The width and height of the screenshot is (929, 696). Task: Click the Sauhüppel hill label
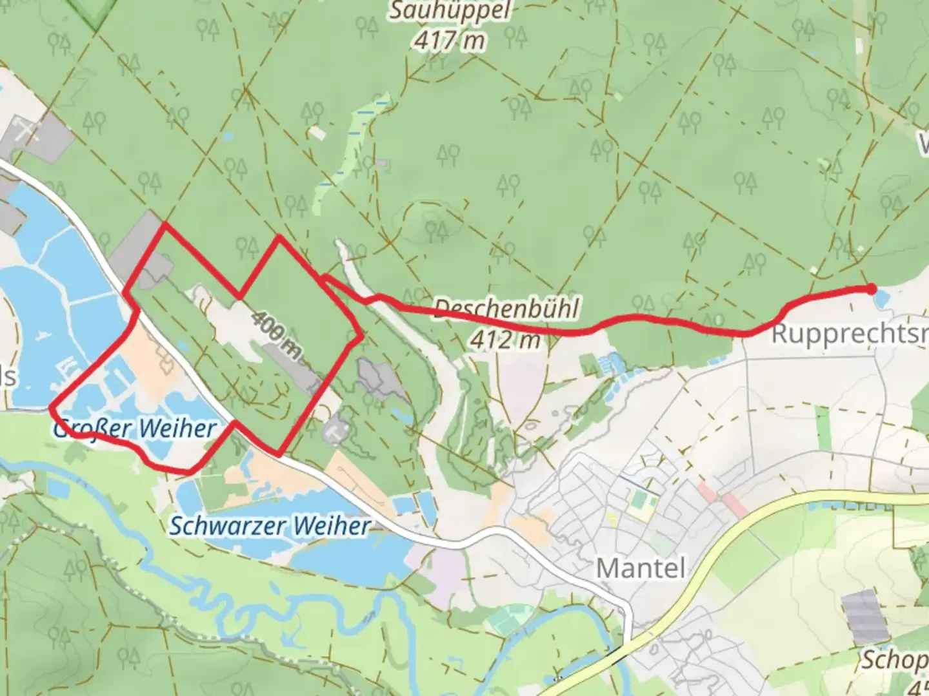450,11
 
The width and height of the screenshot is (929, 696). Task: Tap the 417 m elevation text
450,41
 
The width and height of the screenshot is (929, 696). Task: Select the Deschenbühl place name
506,307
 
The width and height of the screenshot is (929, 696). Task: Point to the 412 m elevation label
505,339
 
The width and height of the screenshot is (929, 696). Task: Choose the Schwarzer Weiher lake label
270,526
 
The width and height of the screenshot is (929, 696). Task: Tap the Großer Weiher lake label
135,428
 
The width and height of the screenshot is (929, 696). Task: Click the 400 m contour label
277,334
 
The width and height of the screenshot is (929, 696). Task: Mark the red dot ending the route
872,289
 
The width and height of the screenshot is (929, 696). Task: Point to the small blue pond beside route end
883,298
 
